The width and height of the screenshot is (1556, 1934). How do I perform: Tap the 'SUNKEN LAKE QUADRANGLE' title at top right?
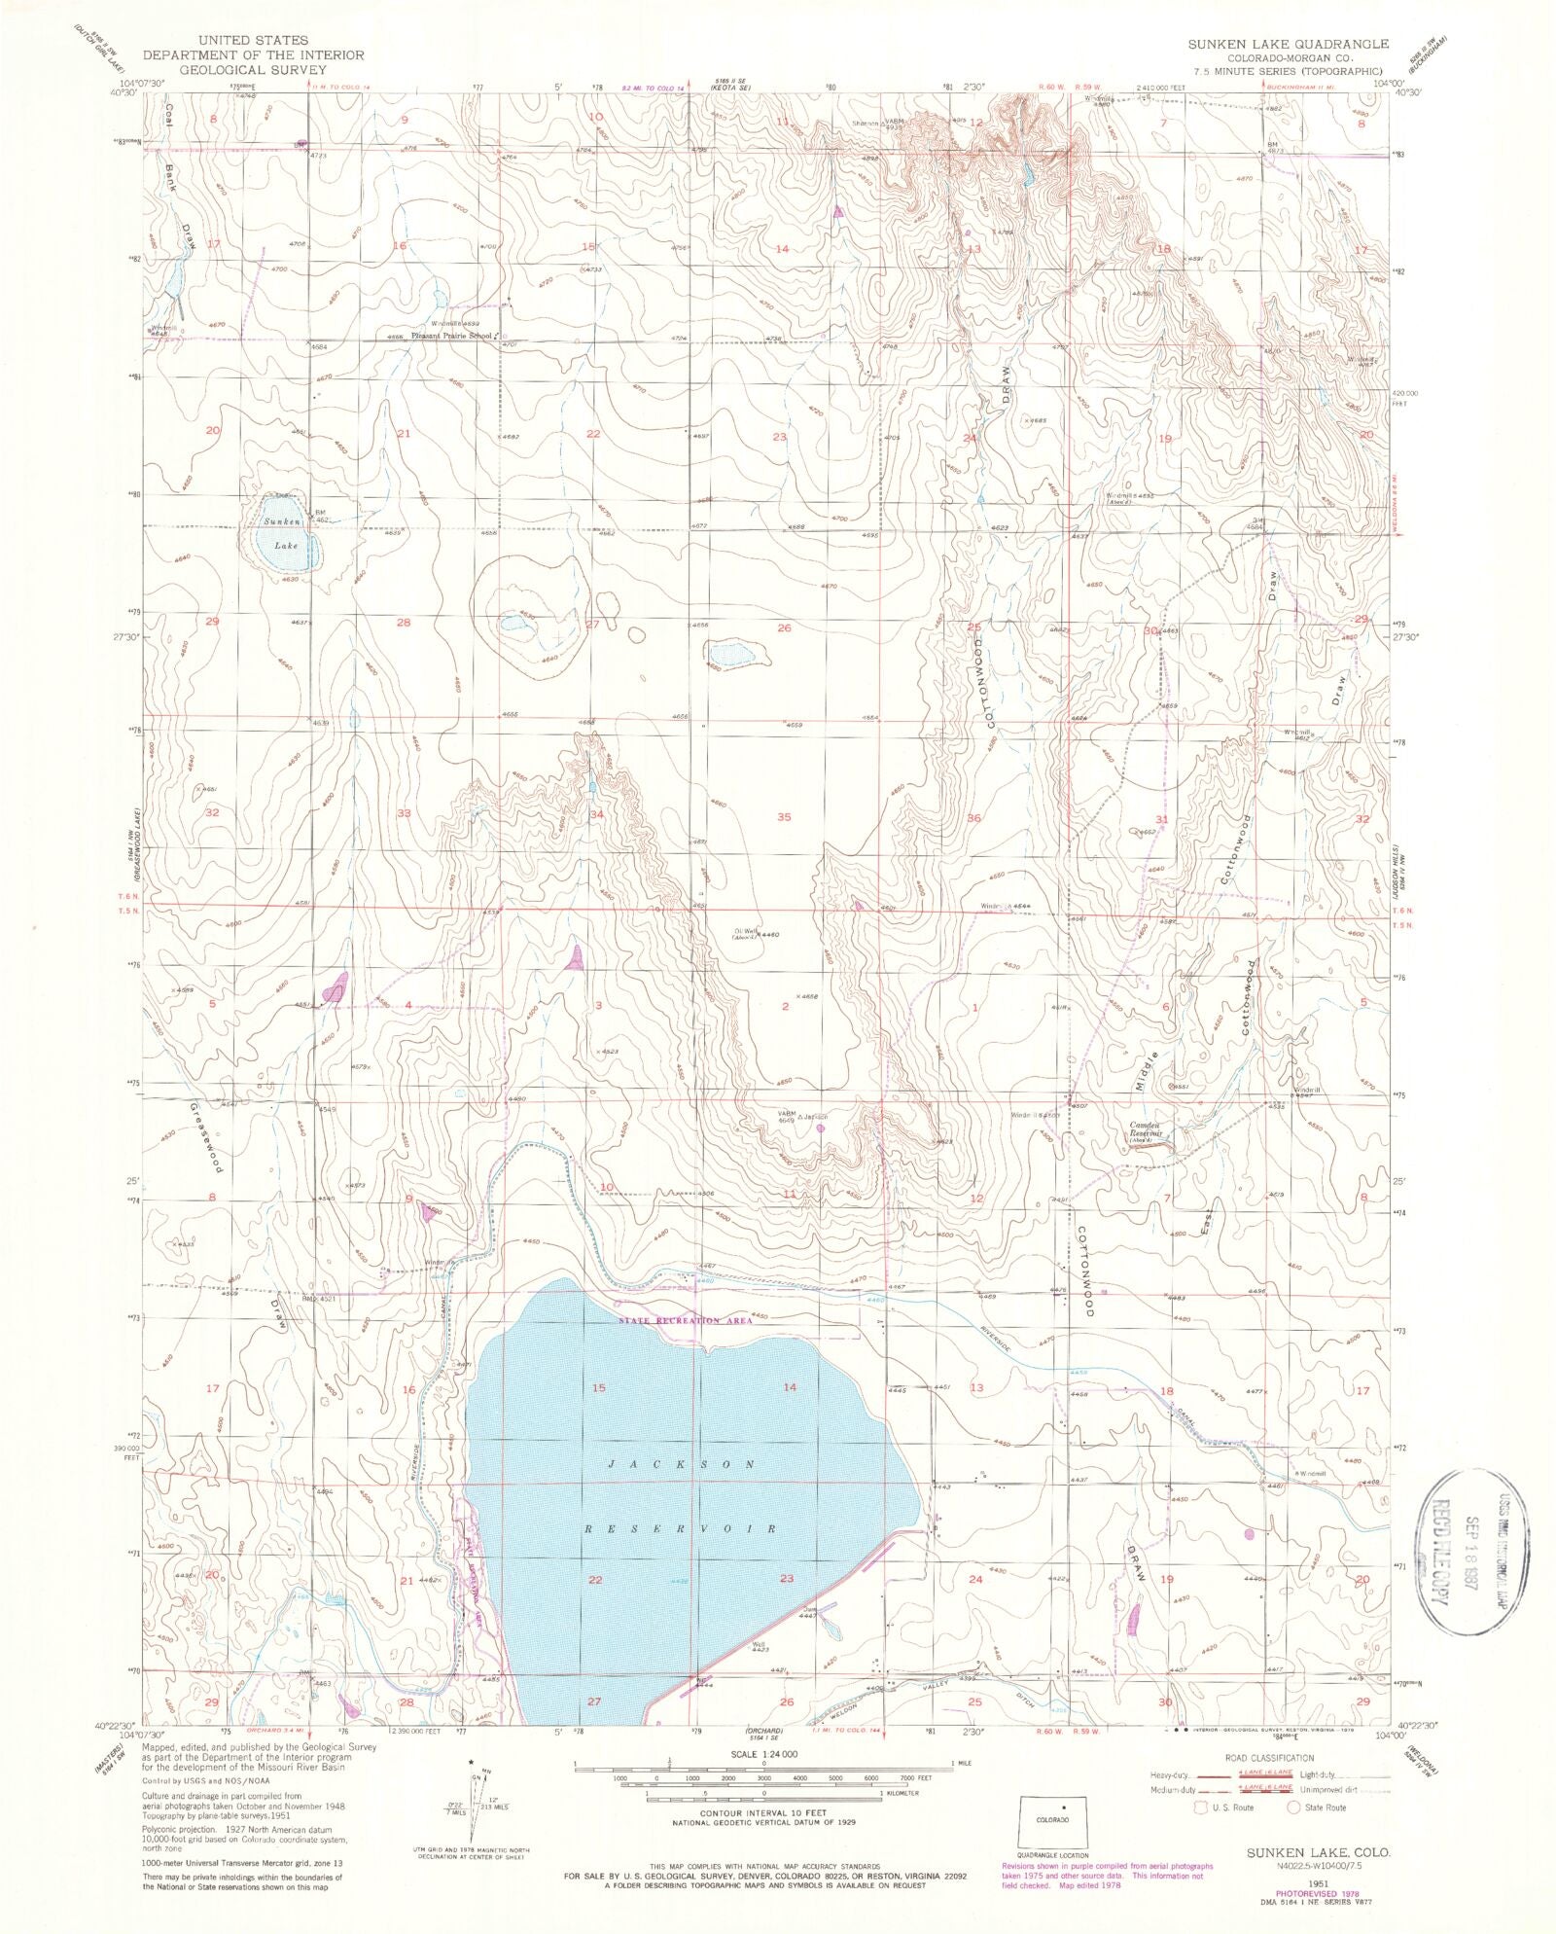pyautogui.click(x=1288, y=45)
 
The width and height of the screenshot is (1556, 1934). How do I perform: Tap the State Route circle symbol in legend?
pyautogui.click(x=1294, y=1807)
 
